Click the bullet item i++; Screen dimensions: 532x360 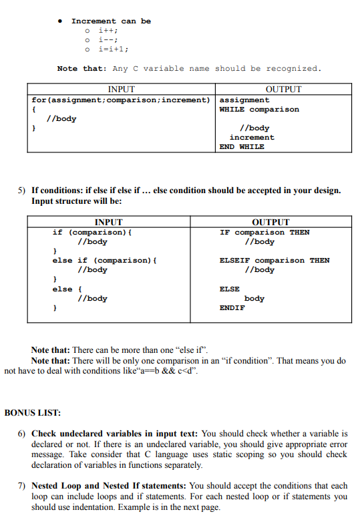click(x=108, y=30)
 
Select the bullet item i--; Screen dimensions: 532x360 click(x=108, y=39)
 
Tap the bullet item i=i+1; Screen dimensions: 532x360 click(x=113, y=49)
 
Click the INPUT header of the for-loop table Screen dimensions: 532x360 click(x=121, y=89)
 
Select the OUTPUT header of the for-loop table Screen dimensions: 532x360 click(x=283, y=89)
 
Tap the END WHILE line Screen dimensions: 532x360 click(x=242, y=146)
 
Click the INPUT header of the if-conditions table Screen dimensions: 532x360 click(x=109, y=222)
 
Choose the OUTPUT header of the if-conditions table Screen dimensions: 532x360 click(x=271, y=222)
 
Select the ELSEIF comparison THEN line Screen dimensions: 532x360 click(x=275, y=260)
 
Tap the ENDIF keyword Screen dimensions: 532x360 click(x=232, y=307)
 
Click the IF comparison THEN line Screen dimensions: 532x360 click(x=264, y=232)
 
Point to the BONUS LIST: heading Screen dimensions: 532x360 click(x=33, y=412)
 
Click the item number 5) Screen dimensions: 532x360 click(x=21, y=190)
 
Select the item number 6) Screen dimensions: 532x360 click(x=22, y=434)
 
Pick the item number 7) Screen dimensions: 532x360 click(x=22, y=486)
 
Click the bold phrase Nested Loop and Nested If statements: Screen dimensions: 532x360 click(x=109, y=486)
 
